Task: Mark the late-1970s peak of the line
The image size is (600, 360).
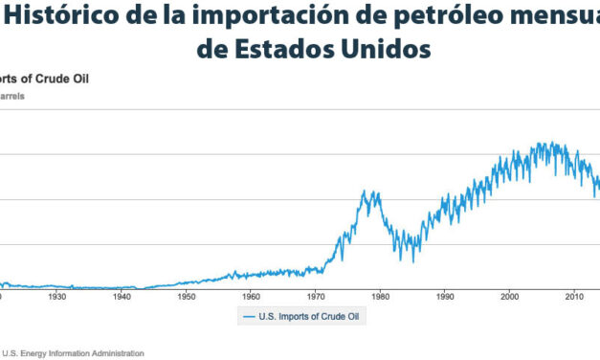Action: [x=365, y=191]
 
